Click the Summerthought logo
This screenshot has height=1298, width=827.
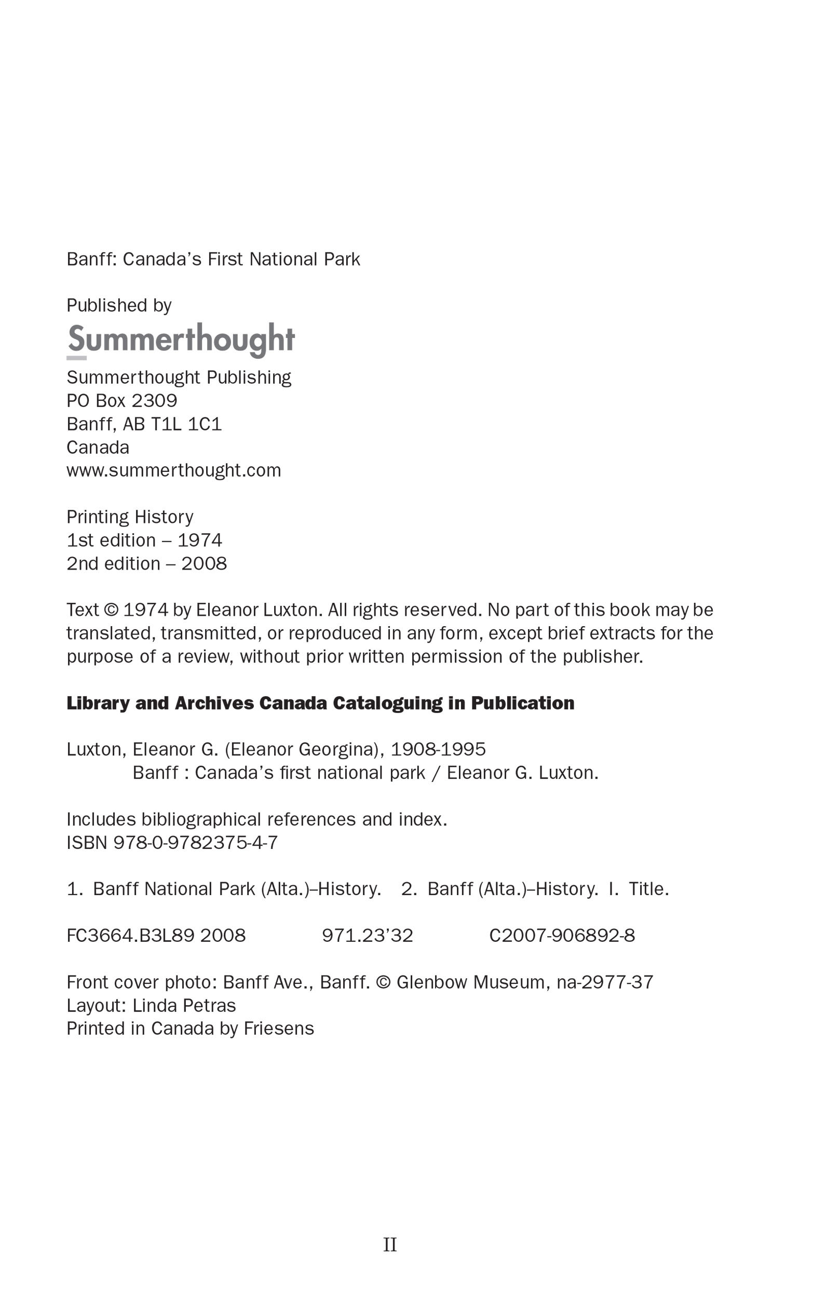click(181, 340)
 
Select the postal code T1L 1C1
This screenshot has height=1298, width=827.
click(186, 424)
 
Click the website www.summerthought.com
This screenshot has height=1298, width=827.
click(173, 470)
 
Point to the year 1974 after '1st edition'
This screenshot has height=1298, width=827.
click(200, 540)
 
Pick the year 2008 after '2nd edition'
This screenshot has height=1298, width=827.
click(204, 564)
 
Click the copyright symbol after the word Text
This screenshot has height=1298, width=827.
click(111, 610)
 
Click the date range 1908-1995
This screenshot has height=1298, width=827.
click(438, 749)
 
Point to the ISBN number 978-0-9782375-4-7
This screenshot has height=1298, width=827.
click(195, 843)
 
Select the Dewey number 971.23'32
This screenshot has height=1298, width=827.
click(367, 935)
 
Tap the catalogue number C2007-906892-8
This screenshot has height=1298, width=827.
click(562, 935)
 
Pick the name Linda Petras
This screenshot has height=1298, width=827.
click(184, 1006)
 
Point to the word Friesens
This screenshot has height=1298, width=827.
click(279, 1029)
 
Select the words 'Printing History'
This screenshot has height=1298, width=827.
click(130, 517)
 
